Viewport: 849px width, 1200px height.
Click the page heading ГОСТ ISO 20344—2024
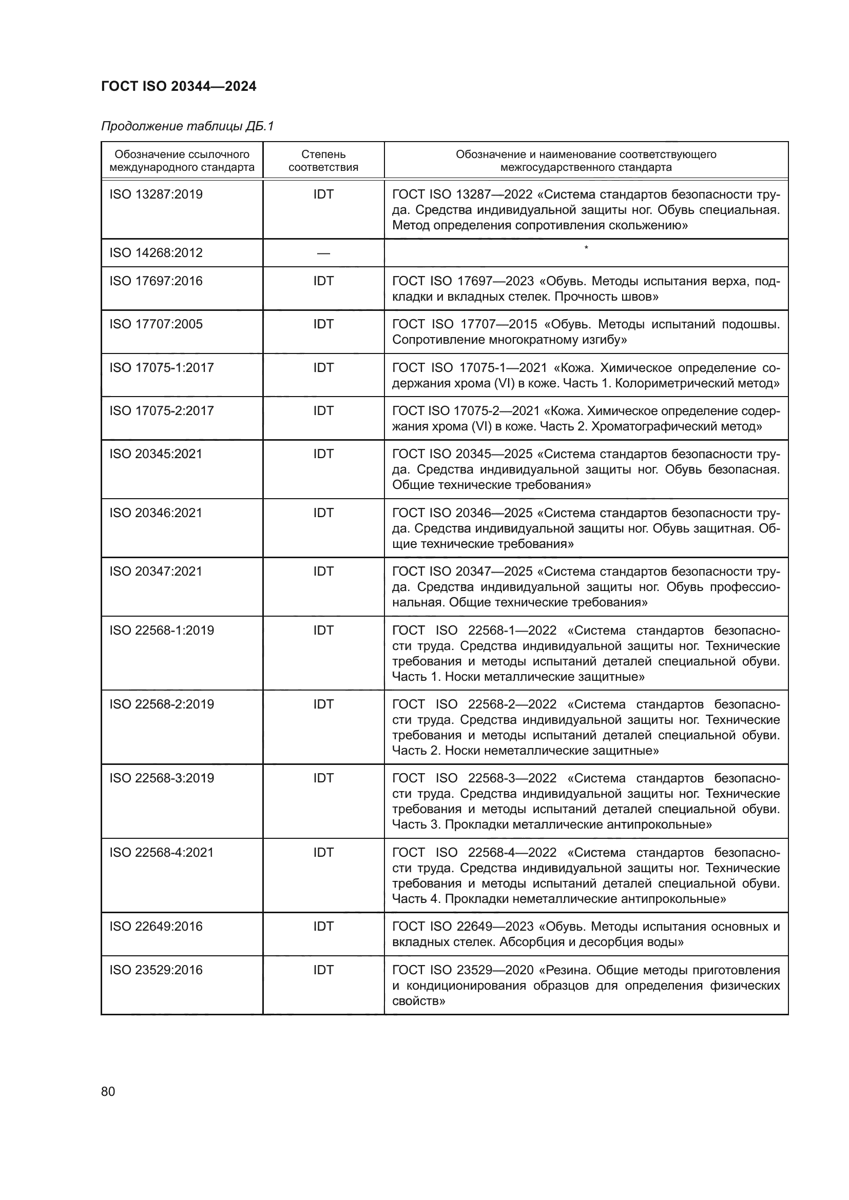coord(178,86)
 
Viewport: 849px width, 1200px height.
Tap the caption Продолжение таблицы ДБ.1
coord(187,127)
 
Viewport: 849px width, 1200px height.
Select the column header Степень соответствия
coord(323,161)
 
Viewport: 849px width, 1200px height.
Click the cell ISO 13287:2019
coord(156,194)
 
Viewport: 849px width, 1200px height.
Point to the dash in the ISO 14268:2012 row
coord(323,253)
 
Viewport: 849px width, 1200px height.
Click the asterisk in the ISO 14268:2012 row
coord(586,248)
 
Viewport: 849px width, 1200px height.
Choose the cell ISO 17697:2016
coord(156,281)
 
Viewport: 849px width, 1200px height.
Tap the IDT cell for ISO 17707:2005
coord(323,325)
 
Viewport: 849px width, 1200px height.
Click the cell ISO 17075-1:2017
coord(162,368)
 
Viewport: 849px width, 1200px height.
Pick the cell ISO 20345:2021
coord(156,454)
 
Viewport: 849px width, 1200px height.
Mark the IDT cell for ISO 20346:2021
coord(323,513)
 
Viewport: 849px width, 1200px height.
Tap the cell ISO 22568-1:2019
coord(162,631)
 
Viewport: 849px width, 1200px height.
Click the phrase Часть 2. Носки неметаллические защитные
coord(525,751)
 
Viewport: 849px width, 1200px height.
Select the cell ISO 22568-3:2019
coord(162,778)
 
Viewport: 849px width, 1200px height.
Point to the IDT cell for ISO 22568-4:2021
coord(323,853)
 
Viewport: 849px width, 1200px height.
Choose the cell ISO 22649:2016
coord(156,927)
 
